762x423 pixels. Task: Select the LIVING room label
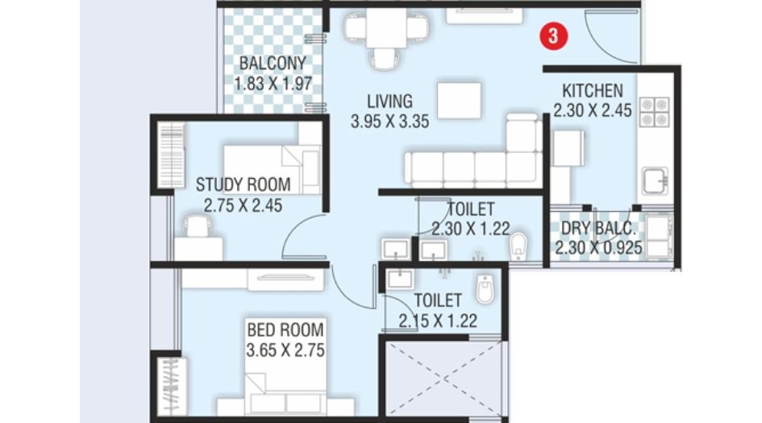tap(389, 102)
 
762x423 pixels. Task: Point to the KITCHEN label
tap(593, 90)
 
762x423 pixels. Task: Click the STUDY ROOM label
tap(243, 185)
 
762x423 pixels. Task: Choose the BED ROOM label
tap(285, 330)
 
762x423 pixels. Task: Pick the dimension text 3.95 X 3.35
tap(389, 122)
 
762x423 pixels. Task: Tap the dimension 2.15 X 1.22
tap(438, 321)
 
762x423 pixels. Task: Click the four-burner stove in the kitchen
tap(654, 112)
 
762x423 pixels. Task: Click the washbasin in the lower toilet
tap(399, 279)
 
